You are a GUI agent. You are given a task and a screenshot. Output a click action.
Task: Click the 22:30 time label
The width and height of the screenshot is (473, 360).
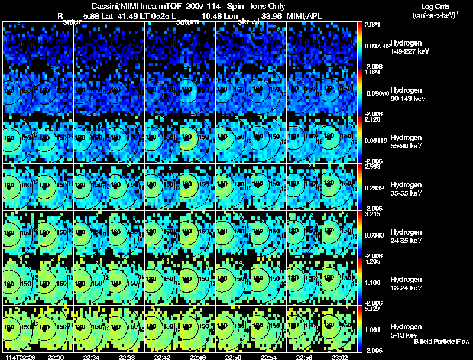point(55,356)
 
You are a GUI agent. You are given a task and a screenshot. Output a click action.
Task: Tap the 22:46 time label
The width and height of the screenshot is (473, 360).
point(197,356)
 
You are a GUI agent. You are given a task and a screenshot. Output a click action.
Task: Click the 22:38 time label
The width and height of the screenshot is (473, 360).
point(127,356)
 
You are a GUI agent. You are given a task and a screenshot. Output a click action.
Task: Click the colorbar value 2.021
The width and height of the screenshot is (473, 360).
point(372,25)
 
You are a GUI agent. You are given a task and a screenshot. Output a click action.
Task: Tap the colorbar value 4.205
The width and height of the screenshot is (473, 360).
point(372,261)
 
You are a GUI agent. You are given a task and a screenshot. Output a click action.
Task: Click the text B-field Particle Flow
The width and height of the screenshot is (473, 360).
point(441,341)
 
